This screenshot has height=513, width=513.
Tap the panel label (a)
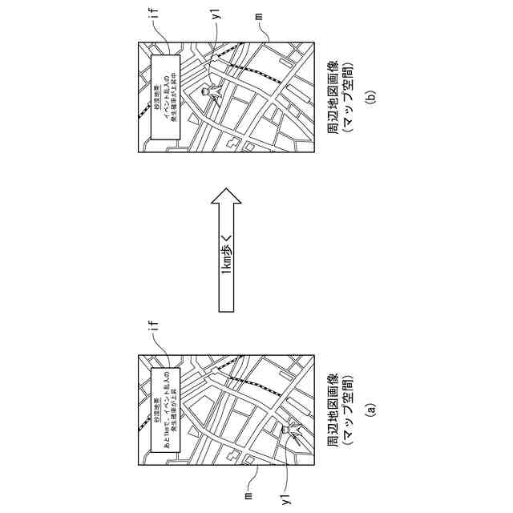click(370, 409)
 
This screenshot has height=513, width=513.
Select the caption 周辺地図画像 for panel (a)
click(333, 409)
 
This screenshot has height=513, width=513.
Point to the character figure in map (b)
click(210, 94)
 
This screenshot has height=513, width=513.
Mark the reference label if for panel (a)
click(153, 327)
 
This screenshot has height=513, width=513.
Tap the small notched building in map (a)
click(232, 455)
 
